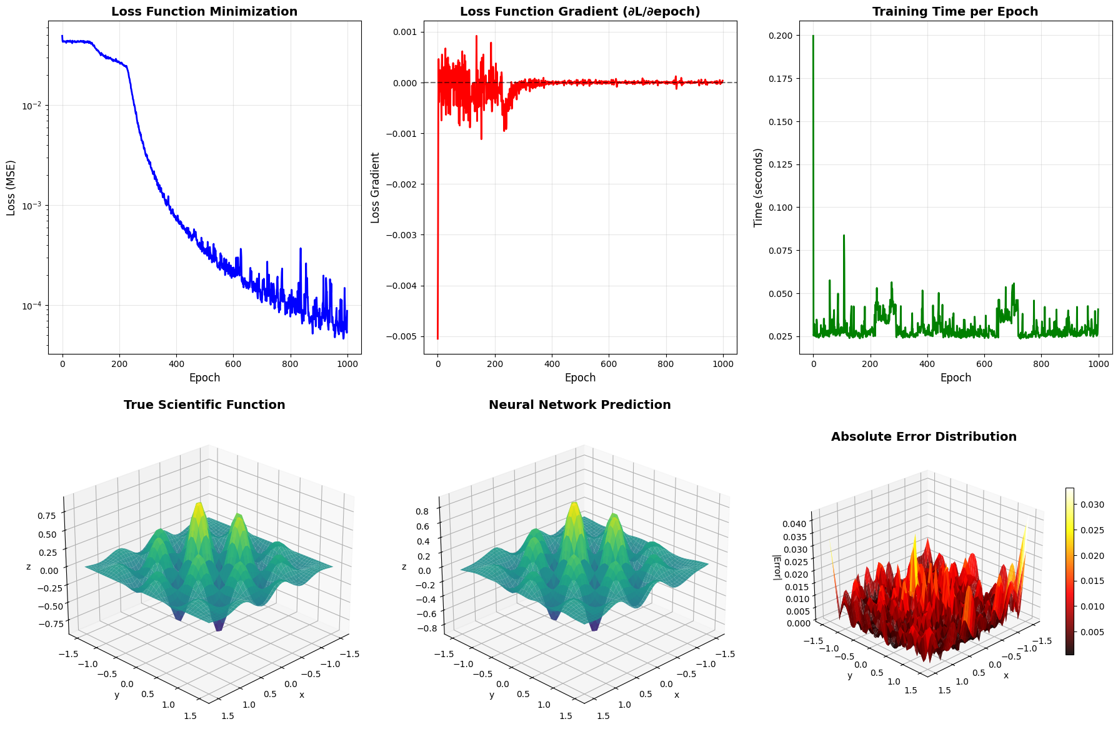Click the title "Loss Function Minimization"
click(x=204, y=12)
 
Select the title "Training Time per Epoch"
click(x=955, y=12)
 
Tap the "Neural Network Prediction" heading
click(x=579, y=405)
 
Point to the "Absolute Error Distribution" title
click(x=924, y=437)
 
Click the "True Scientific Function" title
click(x=204, y=405)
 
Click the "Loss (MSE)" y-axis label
click(x=11, y=188)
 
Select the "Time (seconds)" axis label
click(x=759, y=188)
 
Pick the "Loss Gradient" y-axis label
click(x=375, y=188)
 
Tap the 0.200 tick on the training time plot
click(x=781, y=36)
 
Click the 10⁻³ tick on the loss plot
click(x=31, y=206)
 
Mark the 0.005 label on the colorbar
click(x=1092, y=632)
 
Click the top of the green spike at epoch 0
click(x=813, y=36)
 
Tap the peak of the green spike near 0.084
click(x=844, y=236)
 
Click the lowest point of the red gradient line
click(x=437, y=339)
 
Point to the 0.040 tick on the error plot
click(x=795, y=524)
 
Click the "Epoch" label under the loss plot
click(x=204, y=378)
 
